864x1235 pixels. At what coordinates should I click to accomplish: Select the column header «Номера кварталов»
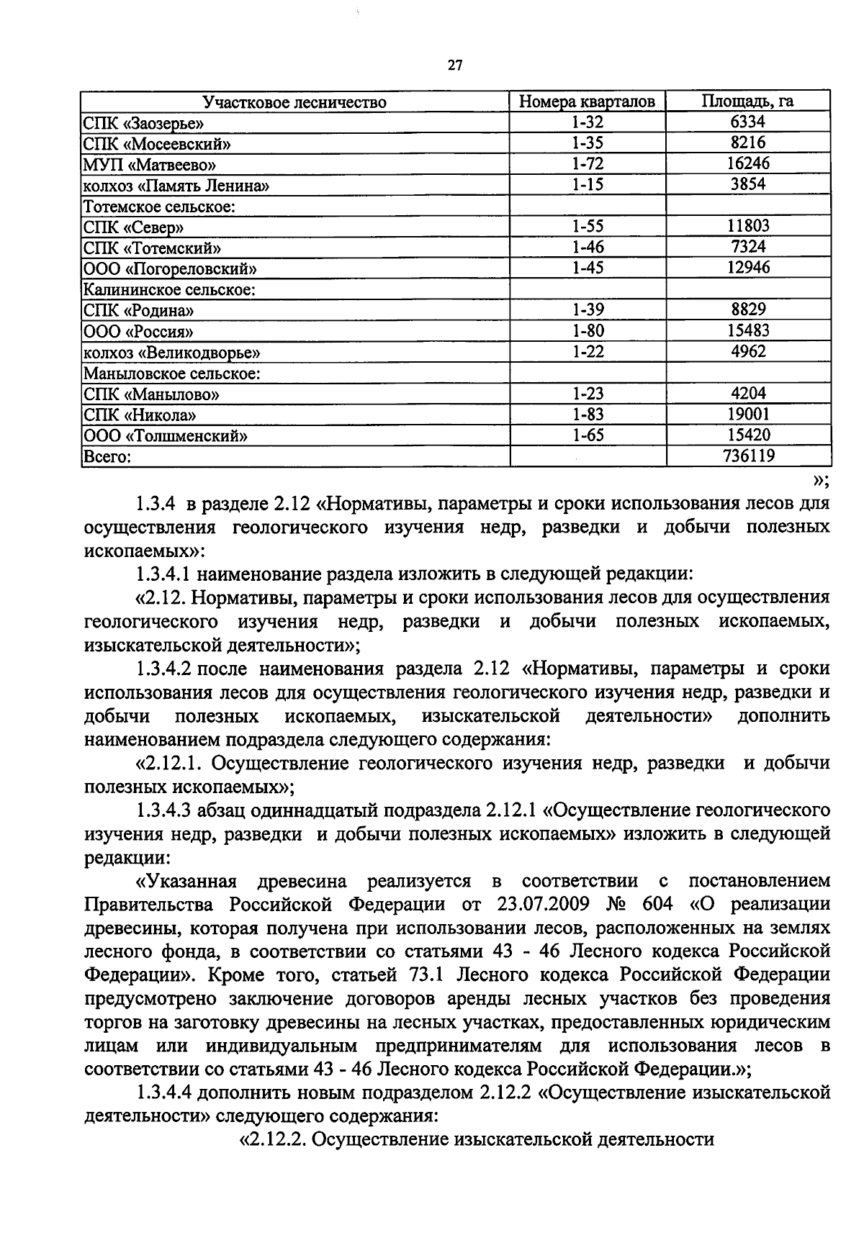click(588, 101)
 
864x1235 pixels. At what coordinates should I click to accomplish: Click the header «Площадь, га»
click(747, 101)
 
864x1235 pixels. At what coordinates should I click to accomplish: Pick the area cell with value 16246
click(747, 163)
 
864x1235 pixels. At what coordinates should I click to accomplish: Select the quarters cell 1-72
click(588, 163)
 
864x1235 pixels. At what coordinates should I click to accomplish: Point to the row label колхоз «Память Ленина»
click(176, 186)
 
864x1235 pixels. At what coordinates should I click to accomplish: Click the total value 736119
click(747, 456)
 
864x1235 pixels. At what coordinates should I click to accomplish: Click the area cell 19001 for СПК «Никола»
click(747, 414)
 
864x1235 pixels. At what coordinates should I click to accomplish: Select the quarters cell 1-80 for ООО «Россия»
click(588, 330)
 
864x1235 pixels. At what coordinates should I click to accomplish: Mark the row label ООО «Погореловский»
click(170, 269)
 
